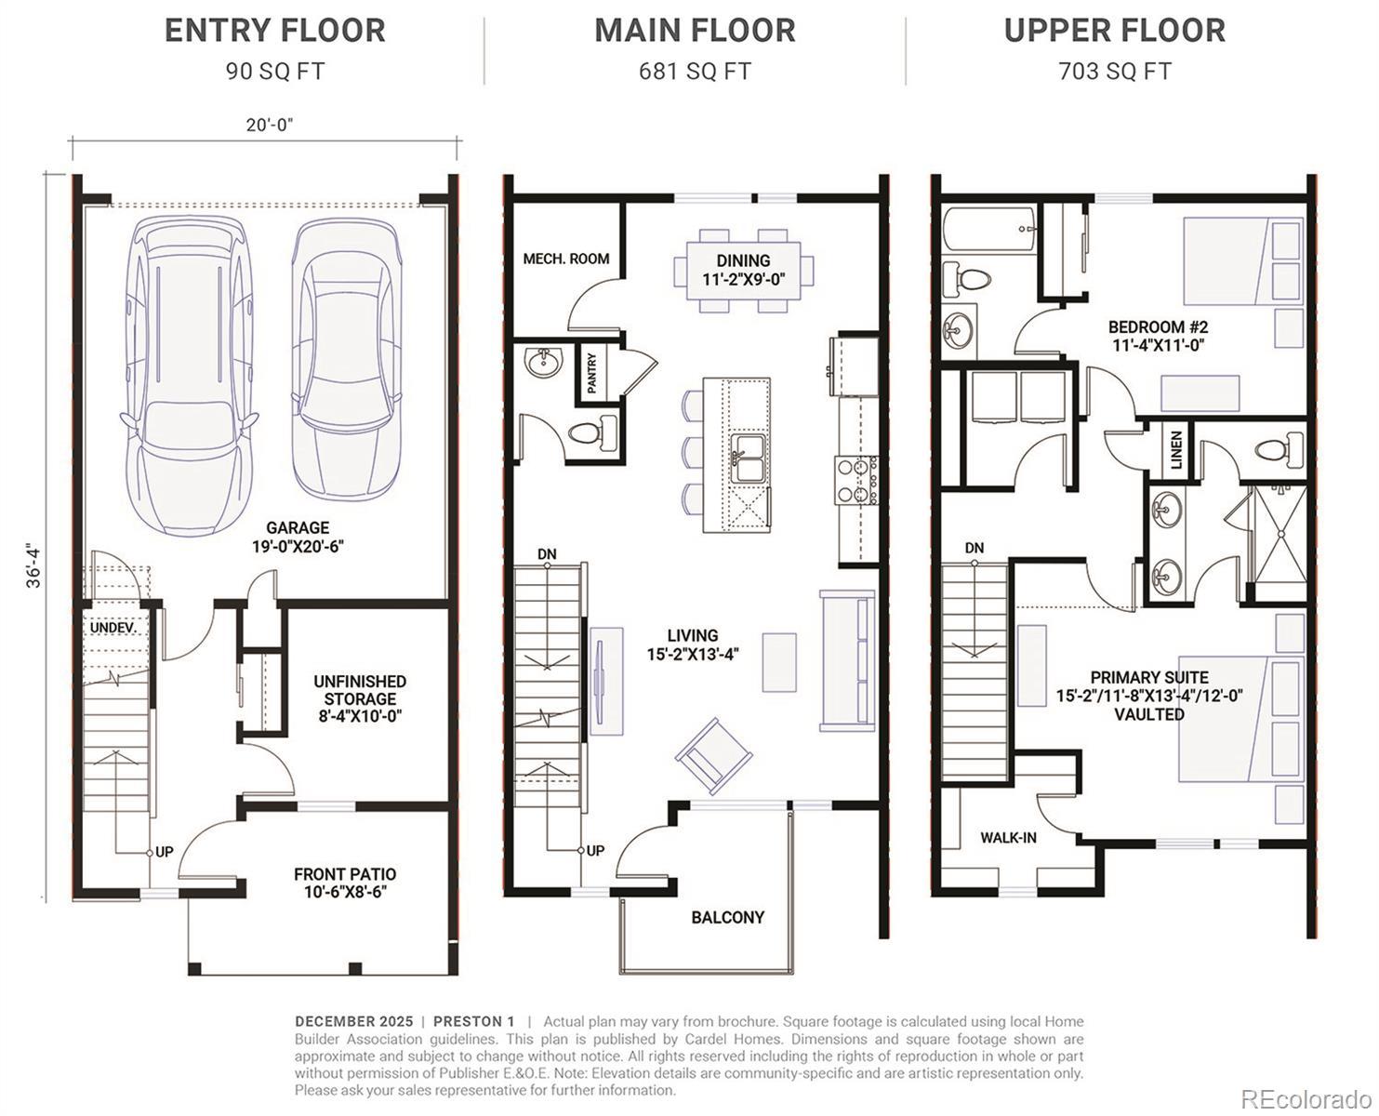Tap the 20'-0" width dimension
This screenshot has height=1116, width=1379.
pyautogui.click(x=270, y=125)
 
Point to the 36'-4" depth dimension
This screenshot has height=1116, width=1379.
pyautogui.click(x=33, y=567)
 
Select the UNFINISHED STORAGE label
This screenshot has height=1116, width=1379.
pyautogui.click(x=360, y=698)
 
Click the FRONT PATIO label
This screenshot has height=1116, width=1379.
pyautogui.click(x=345, y=883)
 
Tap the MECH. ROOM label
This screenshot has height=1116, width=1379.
pyautogui.click(x=566, y=259)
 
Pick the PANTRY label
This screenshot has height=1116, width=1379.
pyautogui.click(x=591, y=374)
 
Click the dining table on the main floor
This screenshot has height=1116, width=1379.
pyautogui.click(x=743, y=270)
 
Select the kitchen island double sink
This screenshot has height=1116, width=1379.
pyautogui.click(x=749, y=458)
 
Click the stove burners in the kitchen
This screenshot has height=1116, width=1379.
pyautogui.click(x=855, y=480)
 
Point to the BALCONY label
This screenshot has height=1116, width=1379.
pyautogui.click(x=728, y=917)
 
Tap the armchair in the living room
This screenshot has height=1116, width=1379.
pyautogui.click(x=714, y=756)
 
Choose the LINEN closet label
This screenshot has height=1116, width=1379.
pyautogui.click(x=1176, y=450)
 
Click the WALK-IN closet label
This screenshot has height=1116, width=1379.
pyautogui.click(x=1008, y=838)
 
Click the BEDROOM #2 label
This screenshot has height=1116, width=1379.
pyautogui.click(x=1159, y=336)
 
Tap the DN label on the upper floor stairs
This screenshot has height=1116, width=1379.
pyautogui.click(x=975, y=549)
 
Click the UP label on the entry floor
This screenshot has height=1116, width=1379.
pyautogui.click(x=165, y=852)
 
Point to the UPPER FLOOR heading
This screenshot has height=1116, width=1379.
pyautogui.click(x=1114, y=31)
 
